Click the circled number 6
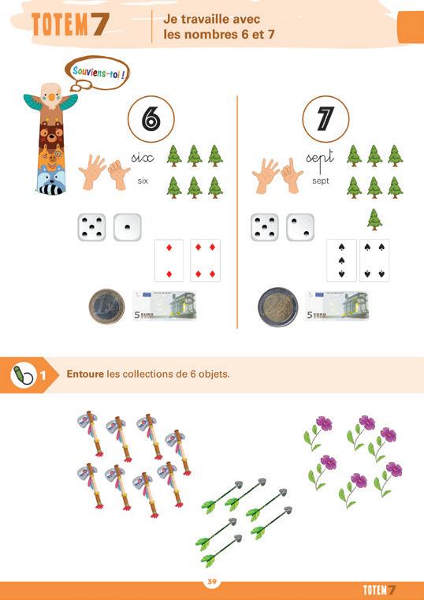(151, 119)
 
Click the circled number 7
(325, 119)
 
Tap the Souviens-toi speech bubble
(98, 73)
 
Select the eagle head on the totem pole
(51, 95)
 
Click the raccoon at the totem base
(51, 180)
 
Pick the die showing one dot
(128, 227)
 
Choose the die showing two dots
(300, 227)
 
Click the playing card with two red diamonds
(169, 261)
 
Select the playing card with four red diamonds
(206, 261)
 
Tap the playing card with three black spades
(341, 261)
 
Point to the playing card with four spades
(374, 261)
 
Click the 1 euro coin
(106, 307)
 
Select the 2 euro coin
(277, 307)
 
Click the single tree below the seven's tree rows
(374, 219)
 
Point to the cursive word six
(143, 158)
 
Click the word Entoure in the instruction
(85, 374)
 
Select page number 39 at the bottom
(212, 582)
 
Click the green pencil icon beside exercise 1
(22, 375)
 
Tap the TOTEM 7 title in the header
(70, 24)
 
